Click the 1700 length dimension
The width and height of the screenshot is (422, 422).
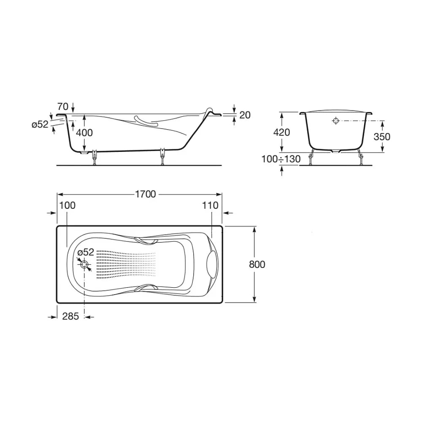pyautogui.click(x=145, y=194)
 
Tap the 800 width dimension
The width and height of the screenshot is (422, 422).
pyautogui.click(x=257, y=264)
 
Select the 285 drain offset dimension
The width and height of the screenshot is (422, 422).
pyautogui.click(x=70, y=316)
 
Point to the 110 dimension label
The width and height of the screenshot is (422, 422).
pyautogui.click(x=210, y=206)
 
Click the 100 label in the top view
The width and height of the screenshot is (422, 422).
pyautogui.click(x=67, y=206)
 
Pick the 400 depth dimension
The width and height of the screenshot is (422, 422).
pyautogui.click(x=84, y=133)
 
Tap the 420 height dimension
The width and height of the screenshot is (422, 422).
pyautogui.click(x=281, y=133)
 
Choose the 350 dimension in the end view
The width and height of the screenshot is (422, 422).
pyautogui.click(x=382, y=137)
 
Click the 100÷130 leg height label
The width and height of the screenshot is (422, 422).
pyautogui.click(x=281, y=159)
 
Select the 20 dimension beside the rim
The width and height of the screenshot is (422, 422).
pyautogui.click(x=245, y=115)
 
